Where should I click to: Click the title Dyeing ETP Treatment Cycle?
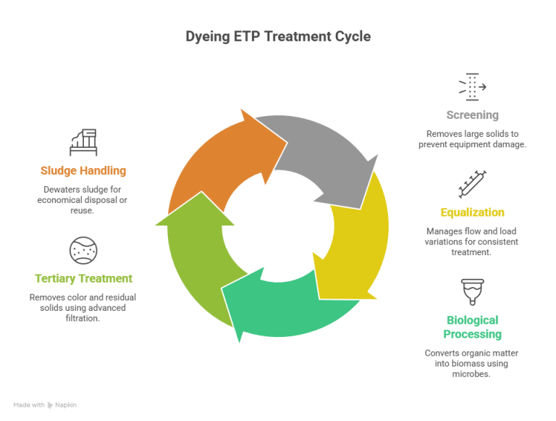pos(278,36)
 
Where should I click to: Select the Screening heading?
pos(472,115)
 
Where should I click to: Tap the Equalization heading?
pos(472,212)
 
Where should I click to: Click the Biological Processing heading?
pos(472,327)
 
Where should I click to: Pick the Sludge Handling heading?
pos(83,171)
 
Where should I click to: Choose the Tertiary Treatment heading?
pos(84,278)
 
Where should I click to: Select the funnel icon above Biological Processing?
pos(472,291)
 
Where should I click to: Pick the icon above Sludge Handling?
pos(83,142)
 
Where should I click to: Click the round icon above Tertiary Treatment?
pos(83,250)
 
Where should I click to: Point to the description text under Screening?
pos(472,139)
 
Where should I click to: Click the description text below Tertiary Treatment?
pos(83,308)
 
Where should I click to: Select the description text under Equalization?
pos(472,241)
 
